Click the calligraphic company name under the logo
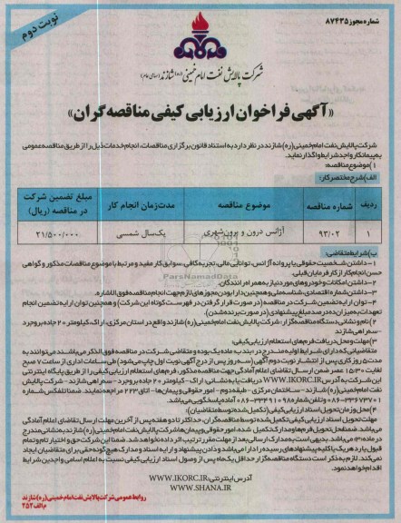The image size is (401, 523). [x=200, y=69]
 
